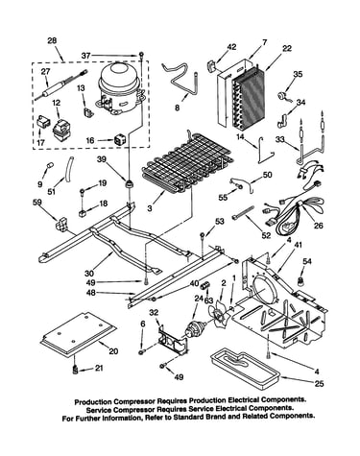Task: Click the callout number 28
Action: tap(52, 40)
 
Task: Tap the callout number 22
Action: tap(287, 48)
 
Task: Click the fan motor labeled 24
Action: tap(195, 329)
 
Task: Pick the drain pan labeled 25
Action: tap(245, 367)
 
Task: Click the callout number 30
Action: tap(89, 274)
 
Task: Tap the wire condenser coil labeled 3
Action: tap(188, 163)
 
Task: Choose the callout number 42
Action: tap(231, 47)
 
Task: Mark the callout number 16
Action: tap(90, 140)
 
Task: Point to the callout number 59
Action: tap(37, 202)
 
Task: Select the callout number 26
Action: tap(319, 226)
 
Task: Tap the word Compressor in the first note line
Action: tap(134, 401)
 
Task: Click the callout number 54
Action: tap(307, 261)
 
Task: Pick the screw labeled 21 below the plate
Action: tap(76, 370)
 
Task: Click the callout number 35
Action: tap(298, 74)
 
